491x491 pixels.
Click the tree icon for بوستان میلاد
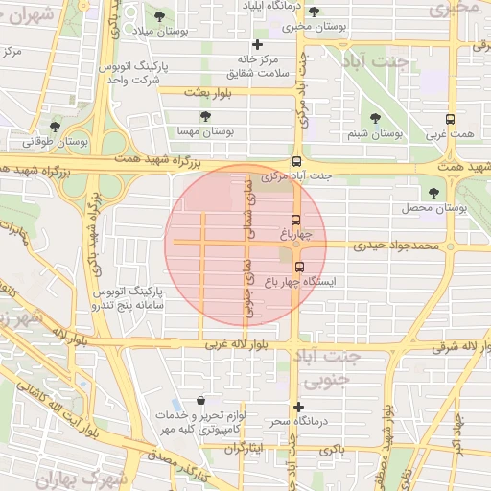(x=157, y=18)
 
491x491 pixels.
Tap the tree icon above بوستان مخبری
(x=314, y=12)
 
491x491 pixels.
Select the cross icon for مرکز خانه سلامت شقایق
(x=256, y=45)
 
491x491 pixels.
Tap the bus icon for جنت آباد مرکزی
(x=296, y=162)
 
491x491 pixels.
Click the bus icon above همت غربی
(x=450, y=121)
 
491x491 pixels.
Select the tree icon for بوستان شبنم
(x=375, y=118)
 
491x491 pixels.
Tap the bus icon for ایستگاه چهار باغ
(x=300, y=268)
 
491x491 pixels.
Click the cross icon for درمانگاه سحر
(x=299, y=407)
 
